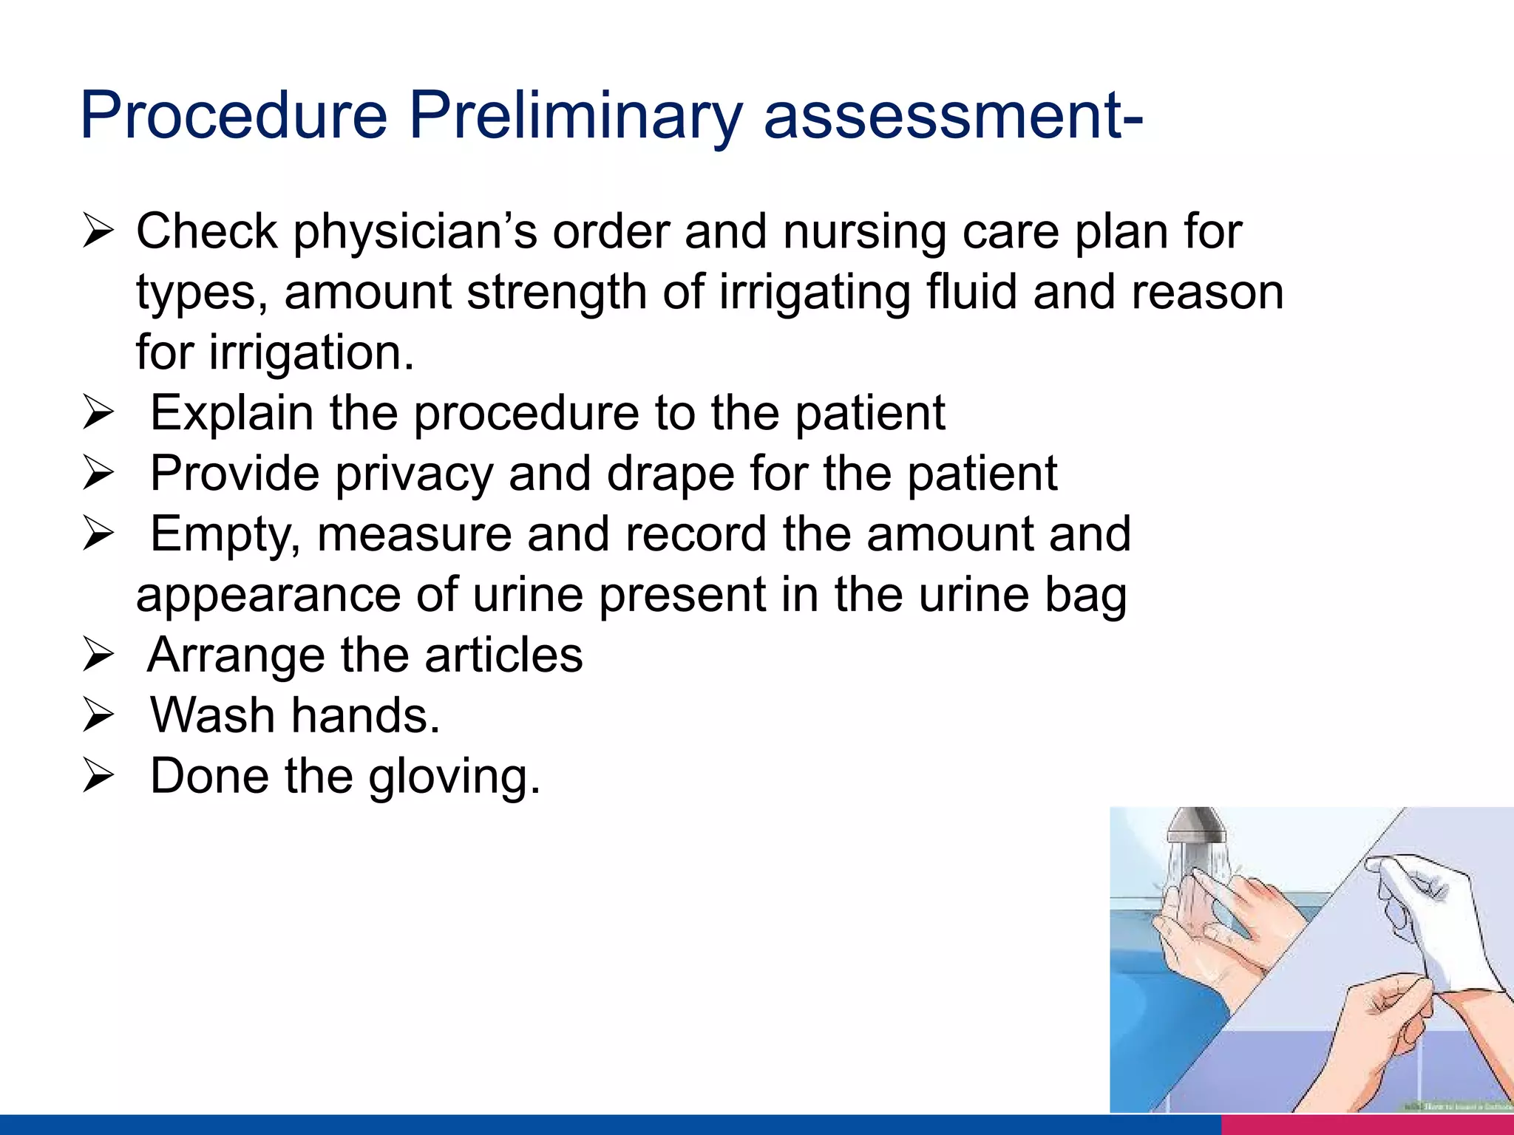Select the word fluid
click(x=971, y=292)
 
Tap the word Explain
click(x=231, y=413)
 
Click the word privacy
click(x=414, y=474)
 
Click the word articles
click(x=503, y=655)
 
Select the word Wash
click(x=213, y=715)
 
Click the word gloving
click(x=454, y=777)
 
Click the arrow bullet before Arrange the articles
click(x=98, y=655)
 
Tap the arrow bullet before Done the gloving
click(x=98, y=777)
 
